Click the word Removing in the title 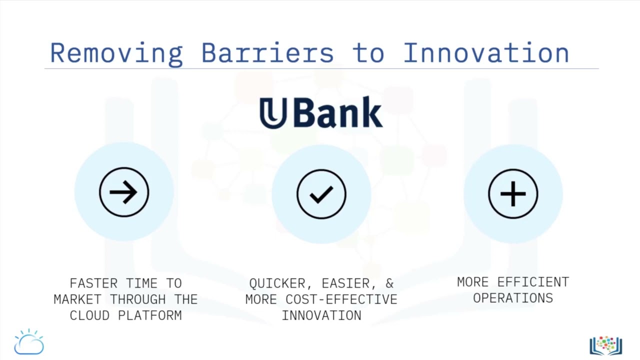pos(116,53)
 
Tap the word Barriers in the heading pos(267,53)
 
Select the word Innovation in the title pos(486,53)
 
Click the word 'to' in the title pos(368,53)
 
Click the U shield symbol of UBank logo pos(273,113)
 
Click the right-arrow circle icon pos(124,192)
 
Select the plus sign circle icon pos(513,194)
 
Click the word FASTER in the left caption pos(94,283)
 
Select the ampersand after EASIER pos(389,283)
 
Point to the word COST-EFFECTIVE pos(341,299)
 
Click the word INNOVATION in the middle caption pos(321,315)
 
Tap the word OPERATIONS pos(513,298)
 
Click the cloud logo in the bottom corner pos(29,342)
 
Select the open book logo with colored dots pos(605,345)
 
